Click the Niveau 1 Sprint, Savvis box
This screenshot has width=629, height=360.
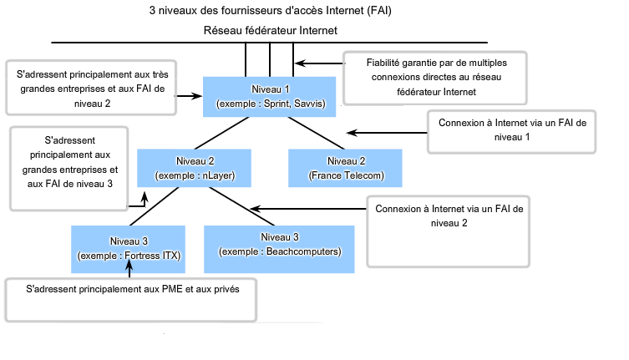(x=270, y=96)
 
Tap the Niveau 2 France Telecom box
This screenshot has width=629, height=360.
(x=347, y=168)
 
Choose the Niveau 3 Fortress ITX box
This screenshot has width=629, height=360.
(x=129, y=247)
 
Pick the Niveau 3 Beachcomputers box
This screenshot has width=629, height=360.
(x=280, y=247)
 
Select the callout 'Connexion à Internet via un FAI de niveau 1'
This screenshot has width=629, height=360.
(x=511, y=131)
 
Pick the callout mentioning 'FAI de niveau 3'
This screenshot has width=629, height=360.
(x=68, y=166)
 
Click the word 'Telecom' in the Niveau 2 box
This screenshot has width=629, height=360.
(x=362, y=176)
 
